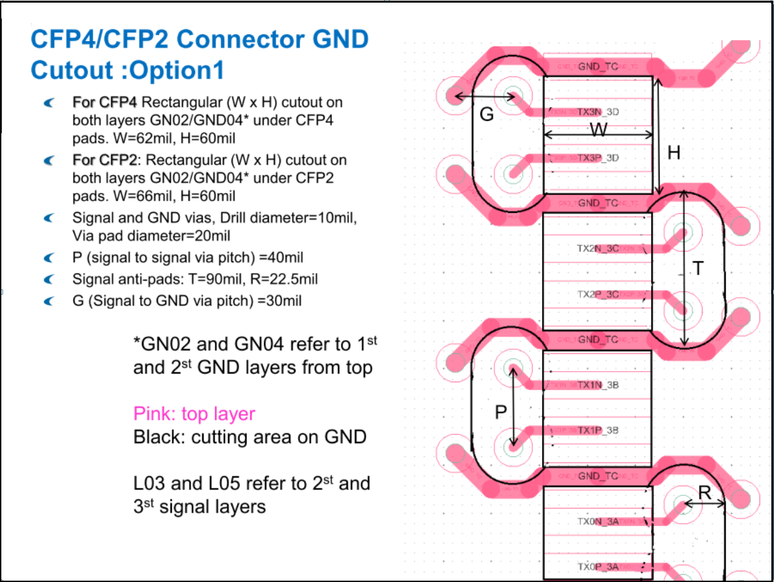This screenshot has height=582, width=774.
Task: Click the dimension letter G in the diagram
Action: click(486, 114)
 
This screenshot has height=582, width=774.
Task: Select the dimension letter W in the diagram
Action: click(598, 130)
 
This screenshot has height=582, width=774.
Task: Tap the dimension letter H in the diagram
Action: click(674, 153)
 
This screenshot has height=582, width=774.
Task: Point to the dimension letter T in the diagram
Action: click(698, 268)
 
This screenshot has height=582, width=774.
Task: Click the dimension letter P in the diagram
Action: click(501, 412)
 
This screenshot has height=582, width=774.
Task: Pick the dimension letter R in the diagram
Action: click(705, 492)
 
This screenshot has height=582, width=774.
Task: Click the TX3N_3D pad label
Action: click(598, 112)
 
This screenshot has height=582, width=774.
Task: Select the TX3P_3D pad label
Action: click(598, 158)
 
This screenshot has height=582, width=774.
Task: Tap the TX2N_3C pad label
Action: click(598, 249)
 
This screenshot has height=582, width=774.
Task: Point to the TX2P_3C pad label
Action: click(598, 294)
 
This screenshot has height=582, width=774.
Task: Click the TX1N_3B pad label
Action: click(598, 385)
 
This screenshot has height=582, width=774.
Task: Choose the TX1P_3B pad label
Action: click(598, 431)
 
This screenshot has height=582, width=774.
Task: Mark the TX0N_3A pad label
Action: click(598, 521)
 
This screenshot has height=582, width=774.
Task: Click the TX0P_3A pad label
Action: click(598, 567)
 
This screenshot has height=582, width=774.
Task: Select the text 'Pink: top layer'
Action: click(194, 414)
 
